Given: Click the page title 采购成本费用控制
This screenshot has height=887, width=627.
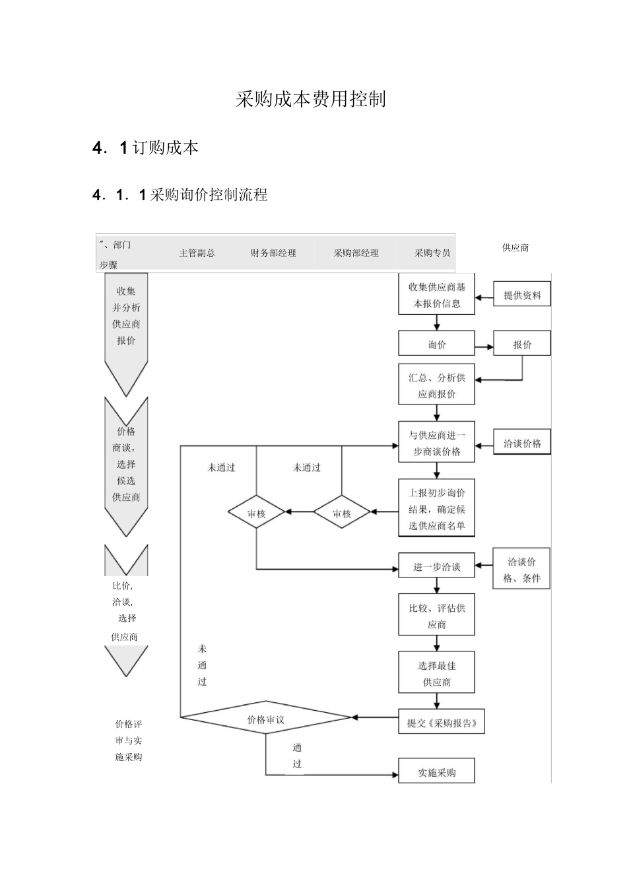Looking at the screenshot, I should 310,100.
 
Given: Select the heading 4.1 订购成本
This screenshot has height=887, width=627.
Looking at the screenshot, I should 145,148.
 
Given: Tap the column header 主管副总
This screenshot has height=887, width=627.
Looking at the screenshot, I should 197,253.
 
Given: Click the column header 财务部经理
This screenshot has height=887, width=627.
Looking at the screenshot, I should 273,253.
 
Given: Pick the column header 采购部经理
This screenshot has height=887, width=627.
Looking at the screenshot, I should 356,253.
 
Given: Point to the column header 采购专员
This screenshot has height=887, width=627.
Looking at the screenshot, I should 432,253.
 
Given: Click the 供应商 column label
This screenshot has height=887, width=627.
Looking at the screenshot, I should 515,247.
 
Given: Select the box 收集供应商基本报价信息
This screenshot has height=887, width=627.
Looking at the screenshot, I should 436,295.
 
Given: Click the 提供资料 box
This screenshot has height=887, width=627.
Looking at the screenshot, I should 522,295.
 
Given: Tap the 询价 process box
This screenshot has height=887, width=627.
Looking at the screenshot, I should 436,344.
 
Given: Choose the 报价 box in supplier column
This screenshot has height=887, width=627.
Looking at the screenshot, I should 522,344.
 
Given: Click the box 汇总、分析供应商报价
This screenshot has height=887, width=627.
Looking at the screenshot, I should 436,385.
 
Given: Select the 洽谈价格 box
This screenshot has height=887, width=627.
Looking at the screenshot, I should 522,443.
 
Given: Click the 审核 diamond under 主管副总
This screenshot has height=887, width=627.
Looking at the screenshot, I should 256,513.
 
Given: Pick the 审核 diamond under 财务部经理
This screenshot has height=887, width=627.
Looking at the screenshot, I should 341,513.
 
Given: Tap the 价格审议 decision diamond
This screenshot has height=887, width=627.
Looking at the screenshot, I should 266,719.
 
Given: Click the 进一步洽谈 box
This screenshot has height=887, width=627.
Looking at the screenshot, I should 436,566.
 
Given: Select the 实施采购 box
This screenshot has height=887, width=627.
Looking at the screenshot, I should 436,772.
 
